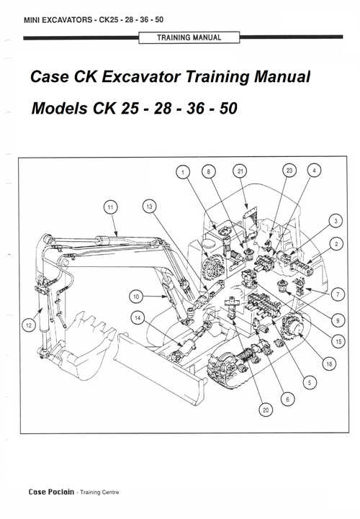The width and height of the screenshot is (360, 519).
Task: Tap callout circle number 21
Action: tap(240, 171)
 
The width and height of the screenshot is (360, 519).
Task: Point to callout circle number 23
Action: tap(290, 171)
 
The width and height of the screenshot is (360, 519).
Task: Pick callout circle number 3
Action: tap(334, 220)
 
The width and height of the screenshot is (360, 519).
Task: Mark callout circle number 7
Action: tap(334, 294)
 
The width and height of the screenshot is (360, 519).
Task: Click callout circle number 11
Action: tap(109, 208)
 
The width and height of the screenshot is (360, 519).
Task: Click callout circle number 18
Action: tap(329, 364)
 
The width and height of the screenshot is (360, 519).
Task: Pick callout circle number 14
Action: tap(137, 317)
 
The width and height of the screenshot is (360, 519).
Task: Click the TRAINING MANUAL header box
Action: tap(189, 37)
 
